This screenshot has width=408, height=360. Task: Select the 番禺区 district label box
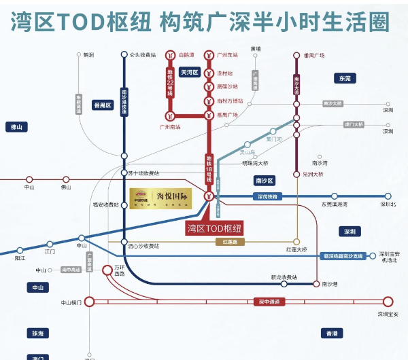coord(103,105)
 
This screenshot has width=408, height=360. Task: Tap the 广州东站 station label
coord(228,55)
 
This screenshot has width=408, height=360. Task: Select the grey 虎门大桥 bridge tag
coord(354,124)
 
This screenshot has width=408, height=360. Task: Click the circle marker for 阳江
coord(20,251)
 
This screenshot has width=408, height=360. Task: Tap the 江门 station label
coord(49,252)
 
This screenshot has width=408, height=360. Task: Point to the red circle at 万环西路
coord(107,270)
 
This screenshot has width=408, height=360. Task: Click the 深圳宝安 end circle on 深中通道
coord(388,302)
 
